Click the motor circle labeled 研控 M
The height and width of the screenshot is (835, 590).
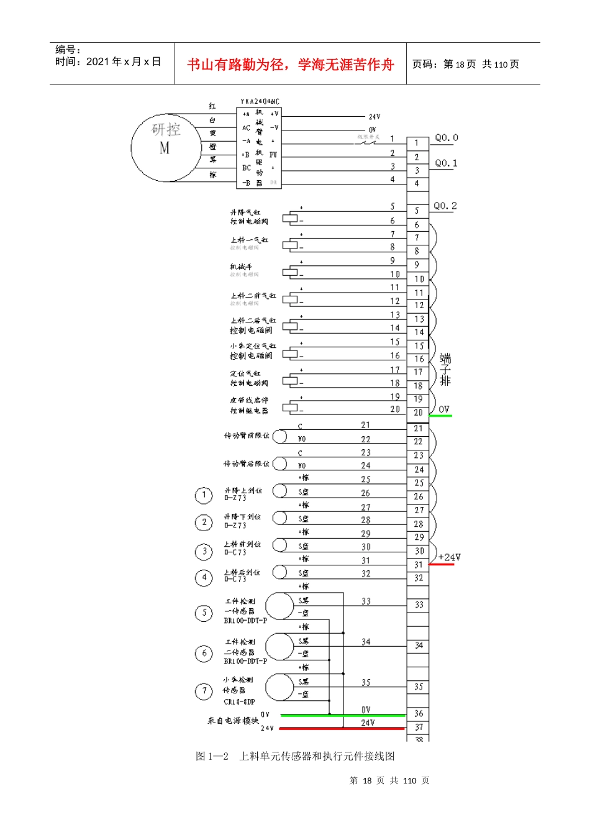pos(165,148)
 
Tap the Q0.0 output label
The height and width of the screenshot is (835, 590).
pos(446,138)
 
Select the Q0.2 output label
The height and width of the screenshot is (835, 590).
pos(445,206)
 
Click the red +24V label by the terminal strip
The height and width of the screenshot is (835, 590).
pos(449,557)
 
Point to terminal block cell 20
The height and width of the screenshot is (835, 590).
pos(418,413)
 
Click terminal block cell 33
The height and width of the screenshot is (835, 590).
pos(419,605)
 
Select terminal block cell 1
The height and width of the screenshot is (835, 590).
pos(417,144)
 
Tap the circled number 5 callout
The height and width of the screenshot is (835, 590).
pos(204,613)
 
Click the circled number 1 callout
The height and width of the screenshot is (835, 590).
pos(204,495)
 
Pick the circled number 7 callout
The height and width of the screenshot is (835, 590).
pos(204,691)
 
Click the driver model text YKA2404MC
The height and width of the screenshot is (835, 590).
pos(260,101)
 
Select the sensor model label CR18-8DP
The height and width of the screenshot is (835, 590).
pos(239,702)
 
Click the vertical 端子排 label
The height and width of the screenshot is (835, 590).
pos(445,370)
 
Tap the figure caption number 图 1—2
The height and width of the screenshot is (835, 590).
pos(212,756)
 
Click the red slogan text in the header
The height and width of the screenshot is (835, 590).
pos(290,65)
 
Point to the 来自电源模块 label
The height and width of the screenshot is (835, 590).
pos(233,721)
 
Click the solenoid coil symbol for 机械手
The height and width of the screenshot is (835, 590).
pos(289,272)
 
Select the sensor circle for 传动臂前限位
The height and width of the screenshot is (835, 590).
pos(280,436)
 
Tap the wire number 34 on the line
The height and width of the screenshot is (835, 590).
pos(366,642)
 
